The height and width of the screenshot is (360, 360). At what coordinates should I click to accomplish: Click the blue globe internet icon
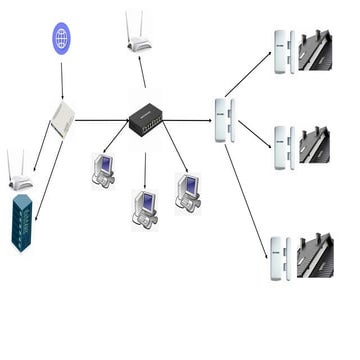(62, 39)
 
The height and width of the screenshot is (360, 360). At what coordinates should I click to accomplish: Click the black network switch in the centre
(146, 121)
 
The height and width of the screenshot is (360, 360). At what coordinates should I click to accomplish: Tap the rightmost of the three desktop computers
(188, 191)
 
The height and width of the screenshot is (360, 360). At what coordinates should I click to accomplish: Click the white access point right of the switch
(225, 121)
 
